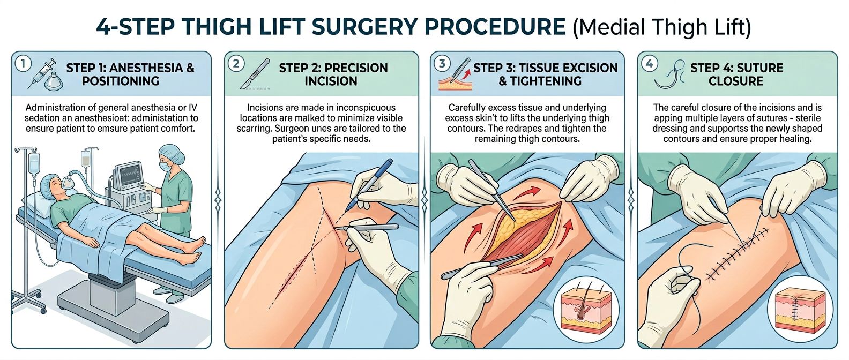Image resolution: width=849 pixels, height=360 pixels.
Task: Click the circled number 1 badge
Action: pyautogui.click(x=23, y=64)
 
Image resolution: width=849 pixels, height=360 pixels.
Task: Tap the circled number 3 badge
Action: pyautogui.click(x=442, y=64)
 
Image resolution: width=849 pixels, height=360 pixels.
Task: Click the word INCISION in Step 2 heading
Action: pyautogui.click(x=331, y=81)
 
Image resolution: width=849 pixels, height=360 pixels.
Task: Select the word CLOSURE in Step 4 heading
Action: pyautogui.click(x=735, y=81)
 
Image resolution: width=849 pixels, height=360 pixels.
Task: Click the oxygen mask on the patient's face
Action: pyautogui.click(x=66, y=183)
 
